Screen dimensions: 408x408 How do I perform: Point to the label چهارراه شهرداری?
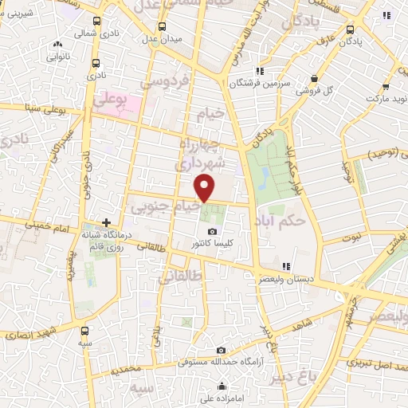192,154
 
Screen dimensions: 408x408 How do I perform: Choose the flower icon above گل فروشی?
316,78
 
